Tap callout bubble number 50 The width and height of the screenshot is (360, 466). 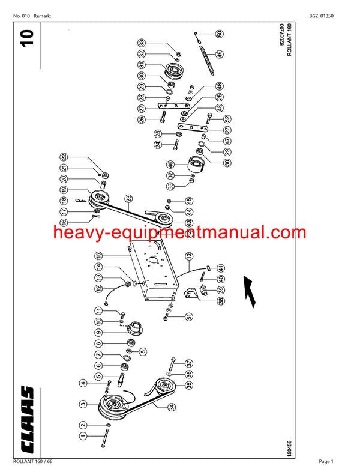[x=219, y=34]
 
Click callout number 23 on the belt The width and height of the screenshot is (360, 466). [x=128, y=198]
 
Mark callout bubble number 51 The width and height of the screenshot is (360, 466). [x=190, y=316]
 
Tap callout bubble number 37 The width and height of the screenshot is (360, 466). [x=190, y=364]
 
